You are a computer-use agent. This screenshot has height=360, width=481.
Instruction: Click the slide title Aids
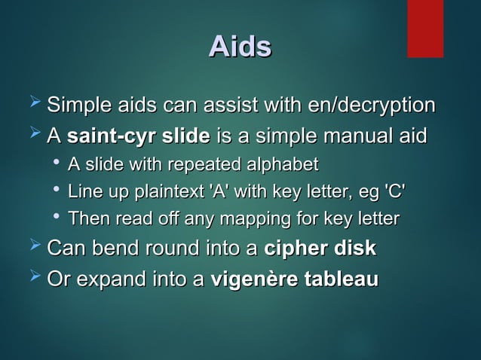click(x=240, y=47)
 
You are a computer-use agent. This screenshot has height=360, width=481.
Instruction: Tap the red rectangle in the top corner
click(x=424, y=28)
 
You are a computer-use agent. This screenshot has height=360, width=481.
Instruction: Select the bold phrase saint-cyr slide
click(x=139, y=137)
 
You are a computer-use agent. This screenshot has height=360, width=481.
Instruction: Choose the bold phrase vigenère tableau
click(x=295, y=279)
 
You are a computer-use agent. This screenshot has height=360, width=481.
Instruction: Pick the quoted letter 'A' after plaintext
click(x=219, y=191)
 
